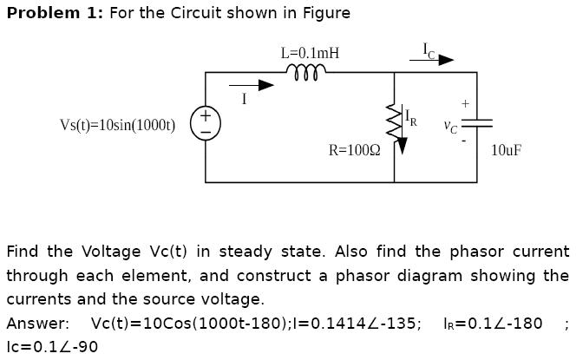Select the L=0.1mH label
[x=310, y=53]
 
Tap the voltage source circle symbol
[x=206, y=123]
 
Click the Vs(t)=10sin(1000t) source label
[x=117, y=125]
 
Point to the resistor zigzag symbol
[x=395, y=121]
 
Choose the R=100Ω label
[x=354, y=150]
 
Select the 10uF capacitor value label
[x=506, y=150]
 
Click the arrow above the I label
[x=252, y=85]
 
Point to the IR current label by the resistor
[x=411, y=120]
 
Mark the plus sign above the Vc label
[x=465, y=103]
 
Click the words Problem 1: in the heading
[x=55, y=13]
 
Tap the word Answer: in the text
[x=37, y=324]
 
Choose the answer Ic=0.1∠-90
[x=52, y=347]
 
